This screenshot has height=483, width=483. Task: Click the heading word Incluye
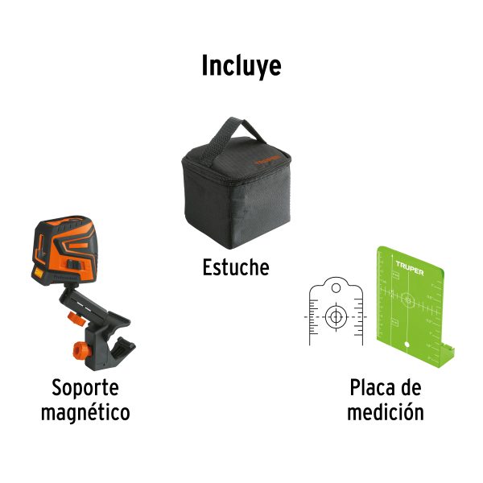pyautogui.click(x=241, y=66)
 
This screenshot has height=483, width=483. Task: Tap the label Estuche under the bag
pyautogui.click(x=235, y=266)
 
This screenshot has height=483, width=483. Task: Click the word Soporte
pyautogui.click(x=85, y=388)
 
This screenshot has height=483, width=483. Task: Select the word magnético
pyautogui.click(x=89, y=413)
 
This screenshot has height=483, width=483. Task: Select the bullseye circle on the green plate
pyautogui.click(x=407, y=302)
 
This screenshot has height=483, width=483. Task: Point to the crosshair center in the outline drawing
pyautogui.click(x=334, y=316)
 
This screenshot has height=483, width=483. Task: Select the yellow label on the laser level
pyautogui.click(x=39, y=270)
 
